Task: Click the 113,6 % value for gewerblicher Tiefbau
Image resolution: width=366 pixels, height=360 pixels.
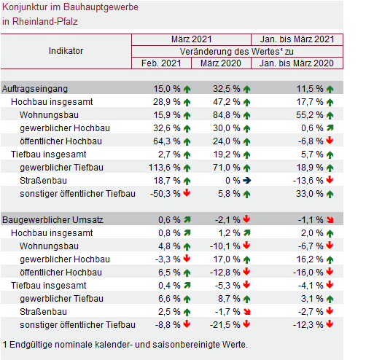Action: pyautogui.click(x=164, y=168)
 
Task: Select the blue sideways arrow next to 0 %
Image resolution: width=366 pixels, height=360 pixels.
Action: pyautogui.click(x=247, y=181)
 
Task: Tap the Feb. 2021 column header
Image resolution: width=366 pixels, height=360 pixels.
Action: pyautogui.click(x=161, y=63)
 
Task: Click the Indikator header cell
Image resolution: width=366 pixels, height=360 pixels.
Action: pyautogui.click(x=66, y=51)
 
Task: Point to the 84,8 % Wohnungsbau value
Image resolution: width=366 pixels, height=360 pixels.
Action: pyautogui.click(x=227, y=115)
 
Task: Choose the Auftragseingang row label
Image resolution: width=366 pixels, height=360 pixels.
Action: pyautogui.click(x=35, y=89)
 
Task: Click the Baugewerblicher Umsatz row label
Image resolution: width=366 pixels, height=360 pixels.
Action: pyautogui.click(x=52, y=220)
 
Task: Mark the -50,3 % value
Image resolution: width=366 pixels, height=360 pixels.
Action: pyautogui.click(x=166, y=194)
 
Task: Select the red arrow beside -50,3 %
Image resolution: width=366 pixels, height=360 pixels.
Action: pyautogui.click(x=187, y=193)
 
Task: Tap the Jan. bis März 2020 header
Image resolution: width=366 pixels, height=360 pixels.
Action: pyautogui.click(x=297, y=63)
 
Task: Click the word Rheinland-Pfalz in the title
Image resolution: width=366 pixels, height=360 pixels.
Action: pyautogui.click(x=45, y=22)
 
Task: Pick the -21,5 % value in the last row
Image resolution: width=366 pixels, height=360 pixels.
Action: pyautogui.click(x=225, y=325)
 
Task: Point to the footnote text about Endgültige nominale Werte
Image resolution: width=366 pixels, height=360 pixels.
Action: pyautogui.click(x=125, y=345)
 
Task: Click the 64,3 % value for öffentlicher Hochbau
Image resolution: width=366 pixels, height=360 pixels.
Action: pyautogui.click(x=167, y=141)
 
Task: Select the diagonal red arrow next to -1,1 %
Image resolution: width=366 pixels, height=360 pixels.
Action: pyautogui.click(x=330, y=220)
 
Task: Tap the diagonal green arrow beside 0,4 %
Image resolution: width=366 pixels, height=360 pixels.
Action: pyautogui.click(x=187, y=286)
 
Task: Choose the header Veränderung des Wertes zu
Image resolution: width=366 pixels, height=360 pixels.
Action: pyautogui.click(x=237, y=52)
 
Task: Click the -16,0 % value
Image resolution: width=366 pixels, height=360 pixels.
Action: pyautogui.click(x=308, y=273)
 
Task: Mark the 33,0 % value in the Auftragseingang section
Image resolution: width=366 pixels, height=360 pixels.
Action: pyautogui.click(x=310, y=194)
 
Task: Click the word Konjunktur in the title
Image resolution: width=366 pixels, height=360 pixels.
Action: pyautogui.click(x=25, y=7)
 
